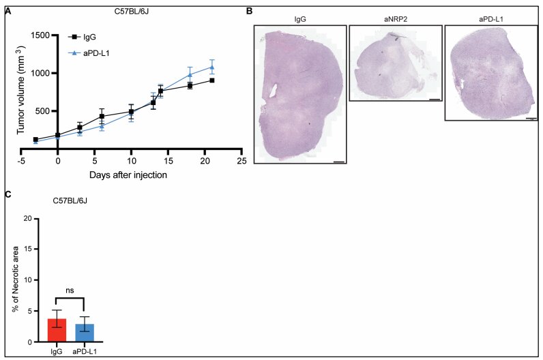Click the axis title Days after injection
(x=128, y=175)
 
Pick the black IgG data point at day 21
(x=212, y=80)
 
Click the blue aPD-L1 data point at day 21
(x=212, y=67)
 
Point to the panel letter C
(x=8, y=194)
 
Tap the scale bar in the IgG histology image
(x=339, y=162)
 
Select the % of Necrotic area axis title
(x=15, y=280)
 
